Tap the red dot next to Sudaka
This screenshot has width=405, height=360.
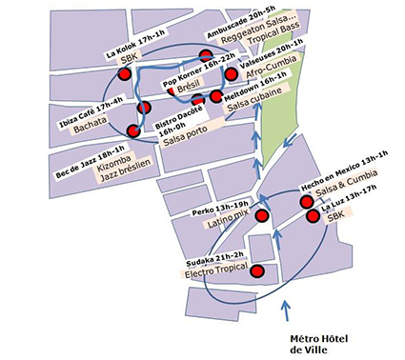point(256,272)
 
